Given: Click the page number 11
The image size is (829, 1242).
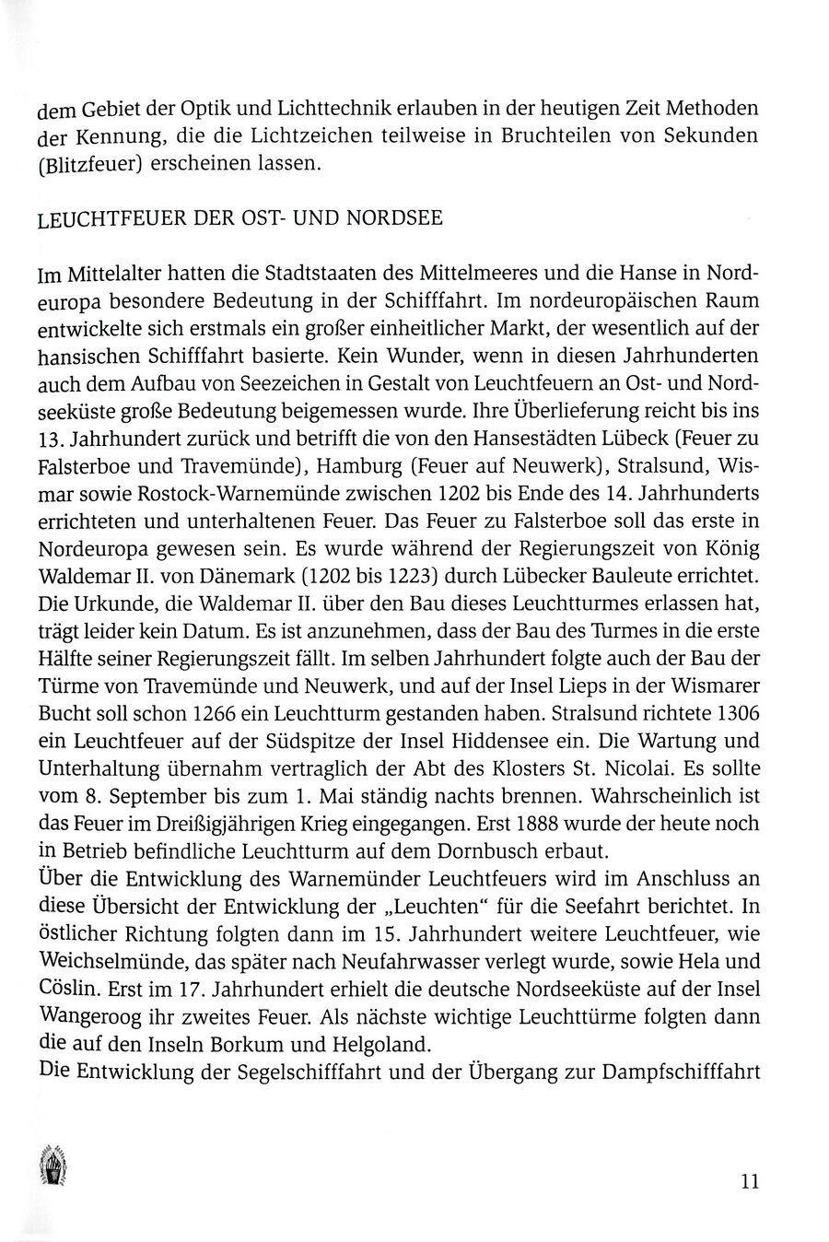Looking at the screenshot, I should click(749, 1181).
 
